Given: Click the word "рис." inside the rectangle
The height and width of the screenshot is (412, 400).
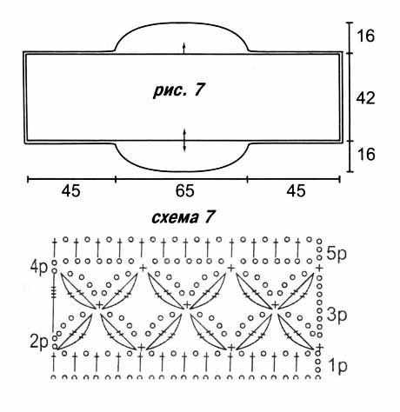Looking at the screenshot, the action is tap(170, 90).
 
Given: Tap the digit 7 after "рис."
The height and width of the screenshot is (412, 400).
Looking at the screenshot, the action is tap(199, 90).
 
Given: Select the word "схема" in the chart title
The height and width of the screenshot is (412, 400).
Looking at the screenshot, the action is tap(174, 217).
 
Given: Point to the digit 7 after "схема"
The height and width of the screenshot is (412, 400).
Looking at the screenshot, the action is tap(210, 217).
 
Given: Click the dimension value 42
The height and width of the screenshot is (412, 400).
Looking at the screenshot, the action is tap(365, 97).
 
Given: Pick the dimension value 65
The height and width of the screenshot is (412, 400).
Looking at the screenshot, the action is tap(184, 191).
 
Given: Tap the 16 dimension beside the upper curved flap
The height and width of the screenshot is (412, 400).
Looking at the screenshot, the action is tap(365, 36).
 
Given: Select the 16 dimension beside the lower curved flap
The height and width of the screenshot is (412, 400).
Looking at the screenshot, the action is tap(366, 154).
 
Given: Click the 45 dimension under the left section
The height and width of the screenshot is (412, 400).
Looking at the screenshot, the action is tap(71, 191).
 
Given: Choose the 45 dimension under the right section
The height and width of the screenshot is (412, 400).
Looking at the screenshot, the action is tap(296, 191).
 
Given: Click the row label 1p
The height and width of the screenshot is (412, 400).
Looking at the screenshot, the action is tap(338, 367).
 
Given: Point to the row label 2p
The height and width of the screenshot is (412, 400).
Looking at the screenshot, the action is tap(39, 343).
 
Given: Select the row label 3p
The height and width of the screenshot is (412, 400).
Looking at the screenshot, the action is tap(337, 315).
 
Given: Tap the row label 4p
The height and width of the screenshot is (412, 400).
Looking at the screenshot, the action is tap(39, 267).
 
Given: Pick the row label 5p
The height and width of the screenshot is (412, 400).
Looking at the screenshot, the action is tap(337, 254).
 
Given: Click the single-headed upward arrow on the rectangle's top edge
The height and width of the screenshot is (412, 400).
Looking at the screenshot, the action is tap(183, 48).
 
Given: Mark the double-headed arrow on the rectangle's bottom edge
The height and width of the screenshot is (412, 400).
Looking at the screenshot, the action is tap(184, 140).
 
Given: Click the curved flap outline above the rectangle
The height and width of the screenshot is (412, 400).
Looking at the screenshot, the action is tap(182, 23).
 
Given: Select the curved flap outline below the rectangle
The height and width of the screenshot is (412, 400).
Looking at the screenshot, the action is tap(182, 171).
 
